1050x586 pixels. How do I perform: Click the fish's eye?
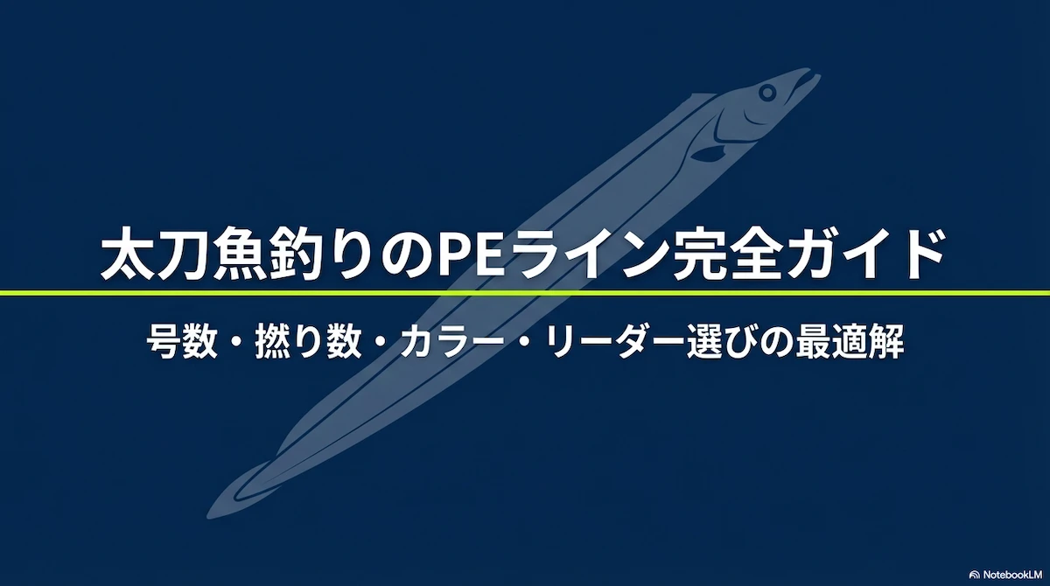coord(767,93)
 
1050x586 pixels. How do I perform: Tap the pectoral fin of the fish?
coord(708,153)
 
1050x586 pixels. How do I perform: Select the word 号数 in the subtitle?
coord(182,343)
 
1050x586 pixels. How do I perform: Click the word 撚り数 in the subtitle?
coord(308,343)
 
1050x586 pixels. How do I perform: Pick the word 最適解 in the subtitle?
coord(850,343)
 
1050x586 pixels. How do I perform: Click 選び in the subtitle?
coord(722,343)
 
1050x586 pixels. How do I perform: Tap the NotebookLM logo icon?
coord(975,575)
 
